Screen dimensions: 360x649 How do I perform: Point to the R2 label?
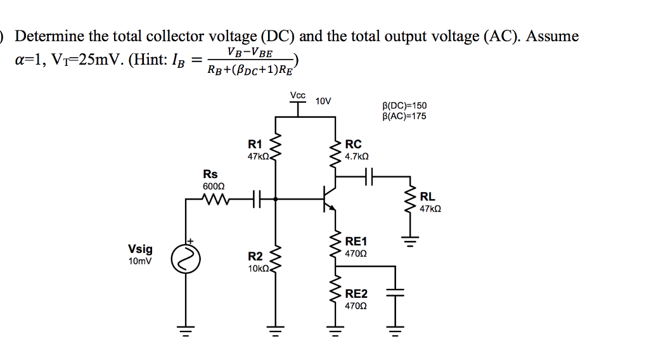[x=255, y=256]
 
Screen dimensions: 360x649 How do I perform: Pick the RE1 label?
[x=356, y=241]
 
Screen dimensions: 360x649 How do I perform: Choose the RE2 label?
[x=356, y=294]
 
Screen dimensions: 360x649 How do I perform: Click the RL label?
[x=427, y=197]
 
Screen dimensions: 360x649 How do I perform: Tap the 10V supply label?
[x=323, y=101]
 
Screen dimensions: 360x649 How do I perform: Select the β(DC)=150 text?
[x=404, y=105]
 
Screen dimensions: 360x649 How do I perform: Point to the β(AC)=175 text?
[x=404, y=116]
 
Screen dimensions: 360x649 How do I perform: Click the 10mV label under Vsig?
[x=140, y=261]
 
